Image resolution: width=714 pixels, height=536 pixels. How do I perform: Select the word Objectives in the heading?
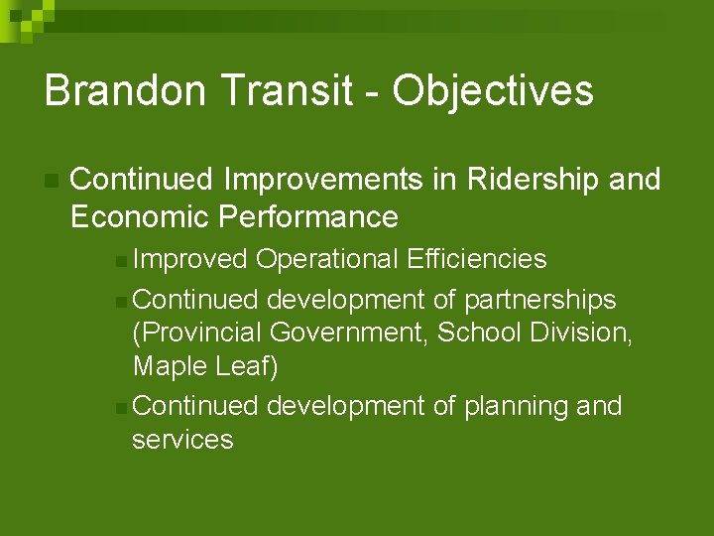(493, 90)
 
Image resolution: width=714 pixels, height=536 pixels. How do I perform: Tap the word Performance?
(308, 216)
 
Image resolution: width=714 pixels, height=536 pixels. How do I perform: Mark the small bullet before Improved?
(120, 261)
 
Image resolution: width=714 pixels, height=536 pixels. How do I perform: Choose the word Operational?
(327, 259)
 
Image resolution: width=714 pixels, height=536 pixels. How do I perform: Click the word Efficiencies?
(476, 259)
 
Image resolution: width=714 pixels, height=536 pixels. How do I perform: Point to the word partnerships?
(540, 300)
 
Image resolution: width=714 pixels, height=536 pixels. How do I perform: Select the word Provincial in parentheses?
(197, 333)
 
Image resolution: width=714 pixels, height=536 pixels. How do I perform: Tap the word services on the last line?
(182, 440)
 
